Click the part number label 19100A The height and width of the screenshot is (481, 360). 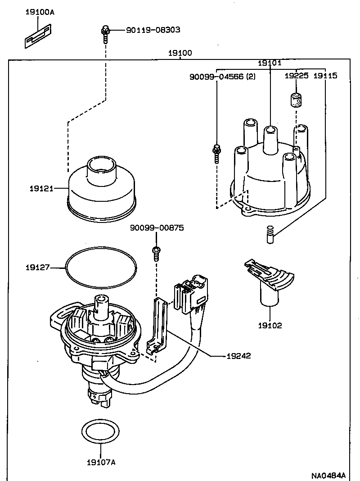39,12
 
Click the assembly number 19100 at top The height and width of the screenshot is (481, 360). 180,53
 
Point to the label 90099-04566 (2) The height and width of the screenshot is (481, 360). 222,77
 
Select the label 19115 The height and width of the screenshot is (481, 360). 325,76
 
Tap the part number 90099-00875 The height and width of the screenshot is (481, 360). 157,228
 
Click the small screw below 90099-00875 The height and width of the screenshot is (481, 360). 157,253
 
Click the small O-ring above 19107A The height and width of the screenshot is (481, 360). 101,431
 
